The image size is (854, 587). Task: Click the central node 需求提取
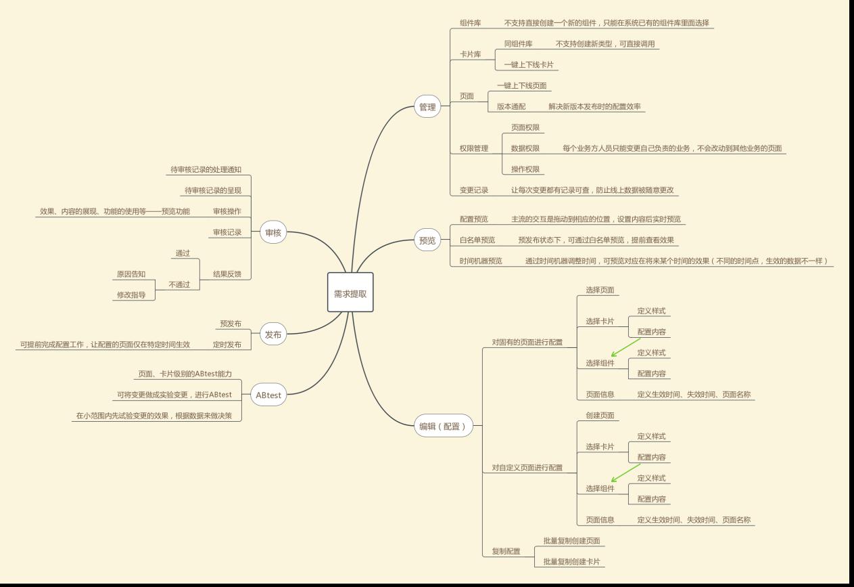(x=350, y=292)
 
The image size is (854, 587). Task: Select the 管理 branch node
(x=427, y=107)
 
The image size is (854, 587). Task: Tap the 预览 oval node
(x=427, y=240)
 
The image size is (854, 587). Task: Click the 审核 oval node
(x=274, y=233)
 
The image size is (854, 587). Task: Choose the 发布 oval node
(x=274, y=334)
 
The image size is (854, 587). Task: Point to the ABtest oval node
(x=268, y=395)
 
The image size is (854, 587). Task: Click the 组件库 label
(x=471, y=23)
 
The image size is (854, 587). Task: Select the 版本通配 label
(x=511, y=107)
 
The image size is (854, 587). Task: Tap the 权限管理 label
(x=474, y=148)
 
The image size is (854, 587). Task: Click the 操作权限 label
(x=525, y=169)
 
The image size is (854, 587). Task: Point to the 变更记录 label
(x=474, y=190)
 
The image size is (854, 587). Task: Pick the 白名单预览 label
(x=477, y=240)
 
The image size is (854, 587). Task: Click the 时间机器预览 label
(x=481, y=261)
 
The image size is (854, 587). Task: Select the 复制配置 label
(x=506, y=551)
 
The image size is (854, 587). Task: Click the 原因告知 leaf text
(x=131, y=274)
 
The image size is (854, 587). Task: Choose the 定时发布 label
(x=227, y=345)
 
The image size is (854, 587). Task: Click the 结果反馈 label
(x=227, y=274)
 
